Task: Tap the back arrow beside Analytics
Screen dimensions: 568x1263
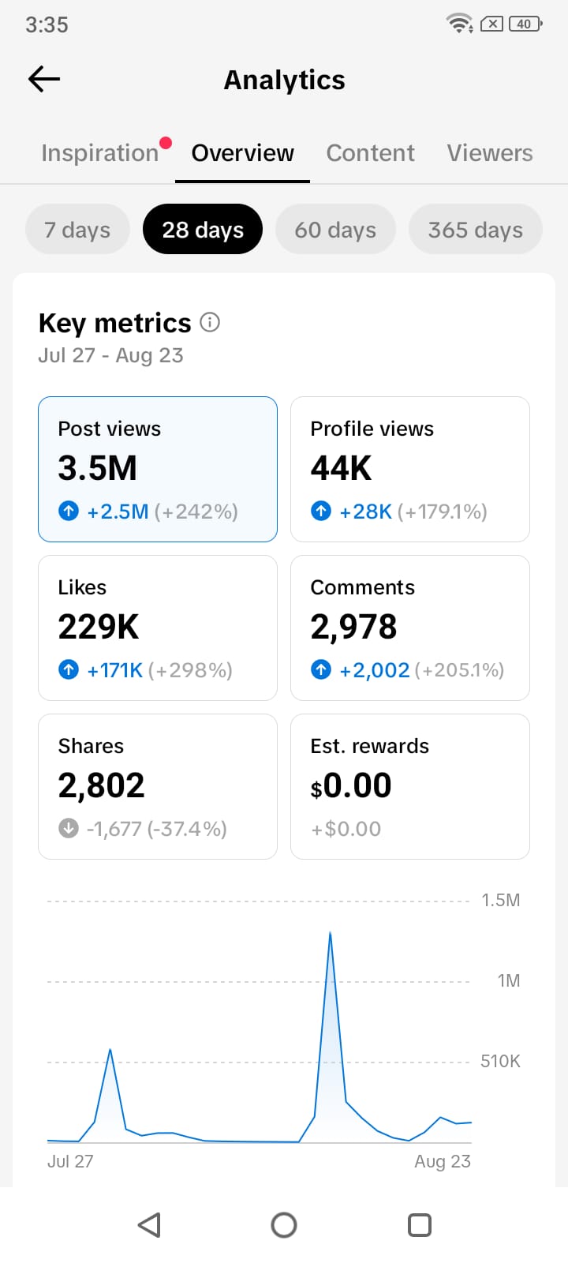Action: (x=44, y=79)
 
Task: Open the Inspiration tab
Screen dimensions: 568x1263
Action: (x=99, y=153)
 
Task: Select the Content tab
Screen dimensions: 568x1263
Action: (x=370, y=153)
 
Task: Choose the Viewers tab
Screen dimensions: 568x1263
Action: (x=490, y=153)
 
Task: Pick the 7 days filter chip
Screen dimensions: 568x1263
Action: (x=77, y=230)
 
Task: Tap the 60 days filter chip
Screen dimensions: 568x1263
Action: (x=335, y=230)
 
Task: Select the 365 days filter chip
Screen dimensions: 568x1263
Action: (x=476, y=230)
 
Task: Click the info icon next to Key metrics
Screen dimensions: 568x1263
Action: (x=210, y=323)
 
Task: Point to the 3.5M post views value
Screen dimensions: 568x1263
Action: (x=98, y=468)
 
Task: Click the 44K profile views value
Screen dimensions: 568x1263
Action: (x=341, y=468)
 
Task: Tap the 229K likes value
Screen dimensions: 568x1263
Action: (x=98, y=627)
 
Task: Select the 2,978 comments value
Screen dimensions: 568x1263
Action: (x=354, y=627)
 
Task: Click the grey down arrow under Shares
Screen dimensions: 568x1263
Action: (x=69, y=828)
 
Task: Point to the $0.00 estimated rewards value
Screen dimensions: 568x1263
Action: (x=351, y=785)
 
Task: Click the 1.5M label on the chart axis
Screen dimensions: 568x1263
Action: (x=500, y=900)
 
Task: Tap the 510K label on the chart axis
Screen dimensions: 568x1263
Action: (x=500, y=1061)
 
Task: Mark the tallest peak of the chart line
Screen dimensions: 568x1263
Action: (x=331, y=932)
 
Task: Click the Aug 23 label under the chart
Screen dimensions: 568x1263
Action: (x=443, y=1161)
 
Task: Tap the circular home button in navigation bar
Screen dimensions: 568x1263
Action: (x=284, y=1224)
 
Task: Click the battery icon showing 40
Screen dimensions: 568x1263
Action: (x=525, y=24)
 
